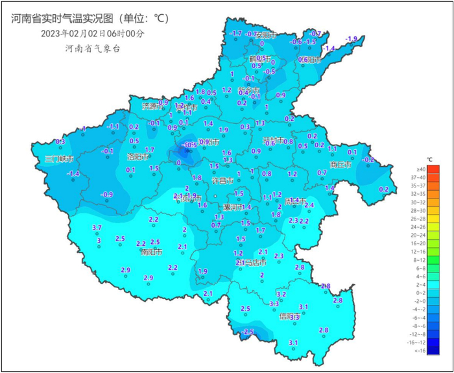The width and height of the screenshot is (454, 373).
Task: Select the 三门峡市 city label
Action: point(59,159)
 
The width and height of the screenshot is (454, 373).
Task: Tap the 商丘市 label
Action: point(340,165)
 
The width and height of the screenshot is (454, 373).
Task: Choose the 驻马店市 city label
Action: point(252,263)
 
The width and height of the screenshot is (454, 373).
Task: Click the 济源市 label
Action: point(154,106)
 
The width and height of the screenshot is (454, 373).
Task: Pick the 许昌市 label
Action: point(221,182)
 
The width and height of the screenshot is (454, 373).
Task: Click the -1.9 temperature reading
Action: point(351,40)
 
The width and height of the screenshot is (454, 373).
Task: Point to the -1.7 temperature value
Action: point(236,34)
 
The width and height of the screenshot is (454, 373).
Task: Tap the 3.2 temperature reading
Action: point(281,294)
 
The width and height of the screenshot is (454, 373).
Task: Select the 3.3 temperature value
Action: point(274,304)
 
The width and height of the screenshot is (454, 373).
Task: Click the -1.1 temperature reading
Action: point(114,126)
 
